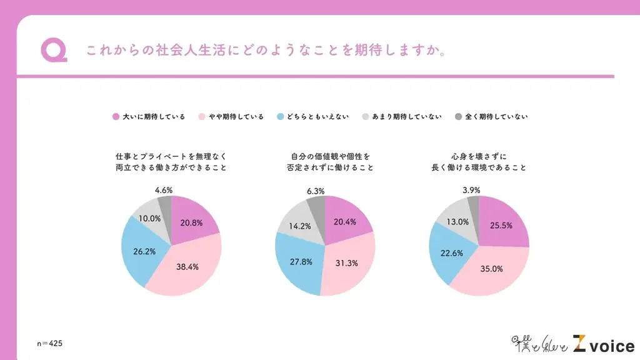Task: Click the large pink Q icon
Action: [x=54, y=50]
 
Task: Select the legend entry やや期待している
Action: [x=231, y=117]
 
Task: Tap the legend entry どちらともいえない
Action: [x=314, y=117]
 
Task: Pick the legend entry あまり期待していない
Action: [x=402, y=117]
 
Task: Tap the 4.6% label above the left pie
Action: [x=163, y=189]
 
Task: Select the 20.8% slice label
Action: [x=191, y=223]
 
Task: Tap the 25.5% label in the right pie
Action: [x=501, y=225]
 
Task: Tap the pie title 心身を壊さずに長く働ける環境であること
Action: [x=479, y=162]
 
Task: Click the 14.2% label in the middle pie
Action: [x=298, y=227]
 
